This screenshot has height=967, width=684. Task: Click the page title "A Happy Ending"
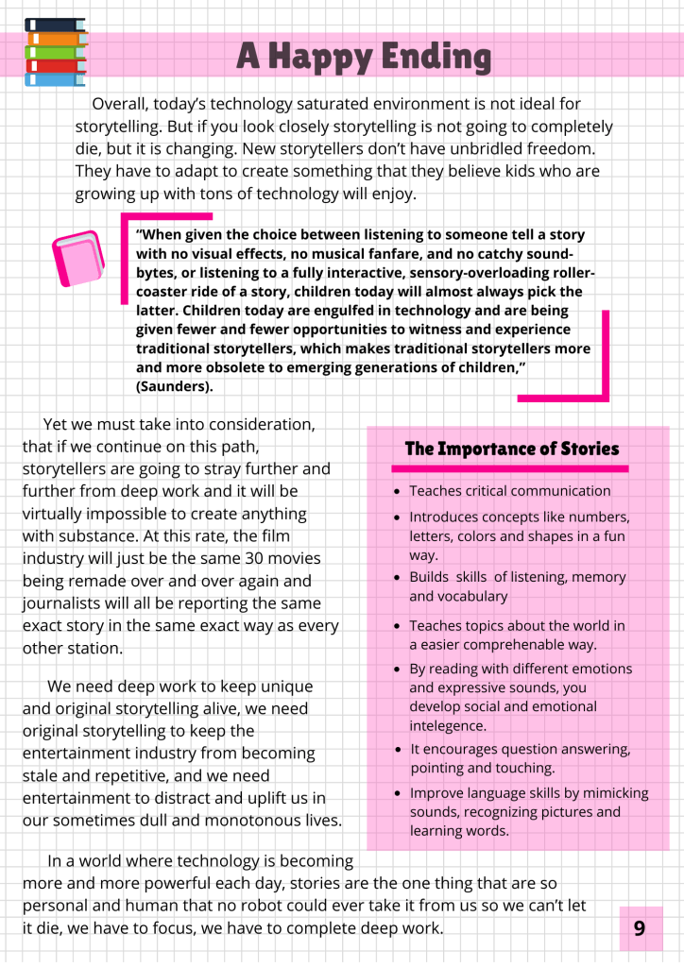[x=364, y=58]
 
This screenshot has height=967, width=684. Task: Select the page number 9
[x=640, y=928]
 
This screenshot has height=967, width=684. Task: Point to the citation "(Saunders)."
[x=175, y=387]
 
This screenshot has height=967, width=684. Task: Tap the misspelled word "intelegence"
[x=448, y=726]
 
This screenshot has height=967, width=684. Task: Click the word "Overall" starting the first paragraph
[x=122, y=104]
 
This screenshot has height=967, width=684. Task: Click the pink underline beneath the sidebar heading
[x=509, y=468]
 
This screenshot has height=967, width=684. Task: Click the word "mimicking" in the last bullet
[x=612, y=793]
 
